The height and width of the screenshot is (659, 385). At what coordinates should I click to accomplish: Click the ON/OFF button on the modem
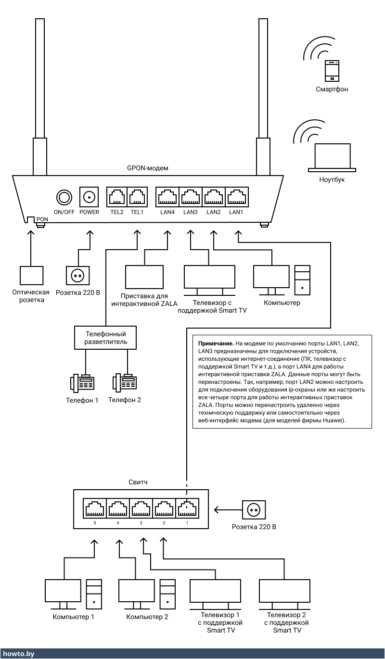click(64, 197)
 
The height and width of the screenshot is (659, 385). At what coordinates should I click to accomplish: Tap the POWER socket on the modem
click(89, 197)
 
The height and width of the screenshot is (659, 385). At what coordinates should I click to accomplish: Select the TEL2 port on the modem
click(117, 197)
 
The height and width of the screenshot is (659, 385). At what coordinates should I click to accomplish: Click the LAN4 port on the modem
click(167, 197)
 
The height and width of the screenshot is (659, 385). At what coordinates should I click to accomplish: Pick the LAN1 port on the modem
click(236, 197)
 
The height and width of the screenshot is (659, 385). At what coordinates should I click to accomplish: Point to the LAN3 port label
click(190, 212)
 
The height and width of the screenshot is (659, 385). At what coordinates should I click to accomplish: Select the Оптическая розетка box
click(31, 275)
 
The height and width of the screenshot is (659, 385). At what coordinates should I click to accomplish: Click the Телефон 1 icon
click(82, 382)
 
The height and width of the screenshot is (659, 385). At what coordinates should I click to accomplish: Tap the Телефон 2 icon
click(125, 382)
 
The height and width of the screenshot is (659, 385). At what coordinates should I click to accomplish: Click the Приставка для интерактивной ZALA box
click(144, 277)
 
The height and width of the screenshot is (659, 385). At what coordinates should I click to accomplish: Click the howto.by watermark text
click(18, 654)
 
